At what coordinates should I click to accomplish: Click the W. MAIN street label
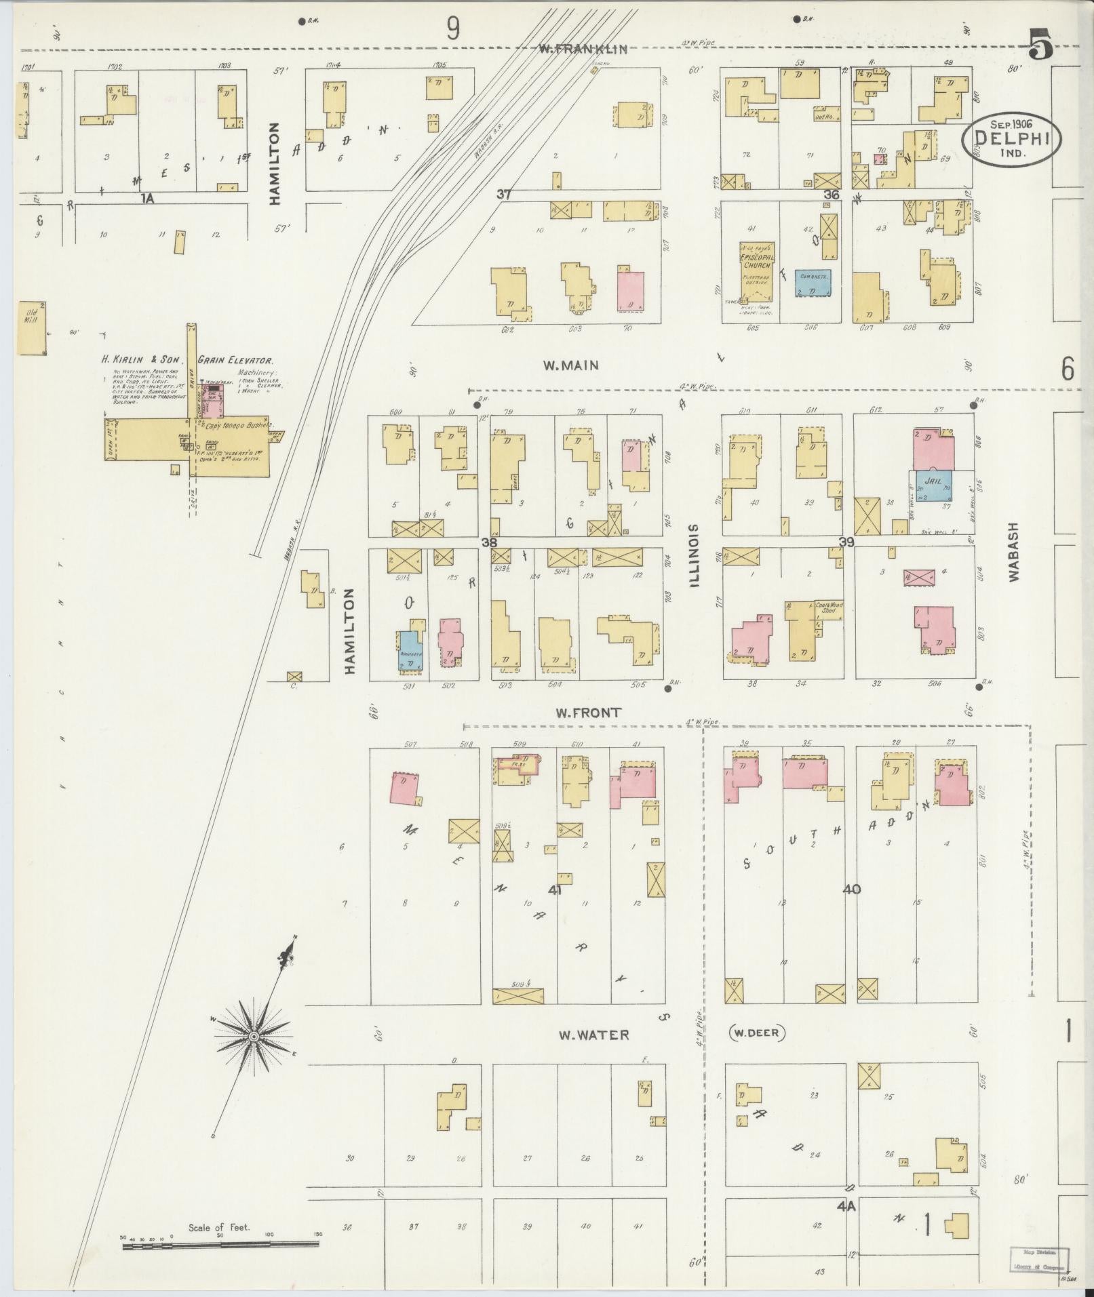point(570,365)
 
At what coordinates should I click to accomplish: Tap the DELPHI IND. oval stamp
point(1011,138)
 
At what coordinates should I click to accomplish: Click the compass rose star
point(253,1037)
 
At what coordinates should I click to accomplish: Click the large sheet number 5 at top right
point(1041,45)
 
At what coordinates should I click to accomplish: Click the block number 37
point(503,195)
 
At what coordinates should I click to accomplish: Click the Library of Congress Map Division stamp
point(1040,1260)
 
